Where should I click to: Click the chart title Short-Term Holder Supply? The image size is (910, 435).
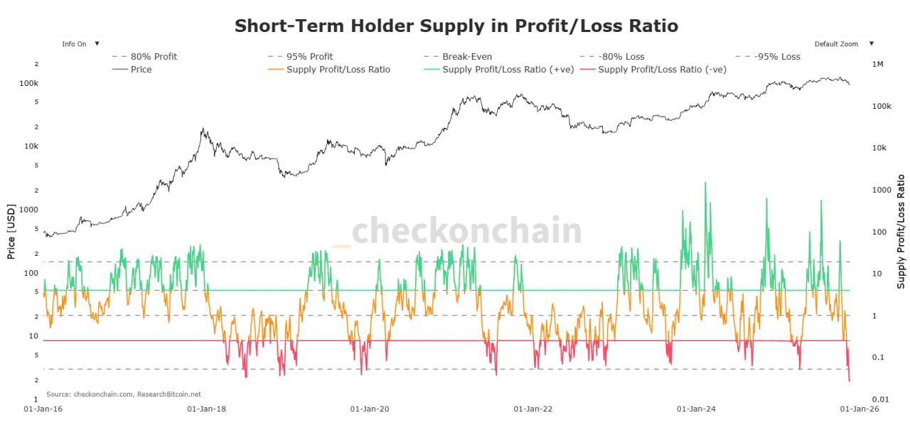click(x=456, y=26)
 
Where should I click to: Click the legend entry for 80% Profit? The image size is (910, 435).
click(x=154, y=57)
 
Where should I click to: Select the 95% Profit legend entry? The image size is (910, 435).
click(x=309, y=57)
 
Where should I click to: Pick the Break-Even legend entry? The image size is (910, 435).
click(x=466, y=57)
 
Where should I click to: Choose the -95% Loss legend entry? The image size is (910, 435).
click(x=777, y=57)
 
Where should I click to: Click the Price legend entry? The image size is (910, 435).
click(x=141, y=70)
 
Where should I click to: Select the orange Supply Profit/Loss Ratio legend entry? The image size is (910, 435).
click(x=338, y=70)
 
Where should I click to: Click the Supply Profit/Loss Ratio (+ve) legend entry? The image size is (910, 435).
click(x=505, y=70)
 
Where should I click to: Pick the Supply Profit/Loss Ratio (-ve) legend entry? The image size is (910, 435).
click(x=662, y=70)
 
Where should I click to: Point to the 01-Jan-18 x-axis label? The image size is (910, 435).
click(x=207, y=409)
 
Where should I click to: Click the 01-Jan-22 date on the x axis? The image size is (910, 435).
click(x=532, y=409)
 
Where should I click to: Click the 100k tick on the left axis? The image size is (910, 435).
click(x=28, y=83)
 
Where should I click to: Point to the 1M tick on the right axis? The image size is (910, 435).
click(x=877, y=65)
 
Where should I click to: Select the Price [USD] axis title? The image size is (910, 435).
click(x=11, y=232)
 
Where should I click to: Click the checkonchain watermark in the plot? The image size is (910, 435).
click(x=466, y=231)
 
